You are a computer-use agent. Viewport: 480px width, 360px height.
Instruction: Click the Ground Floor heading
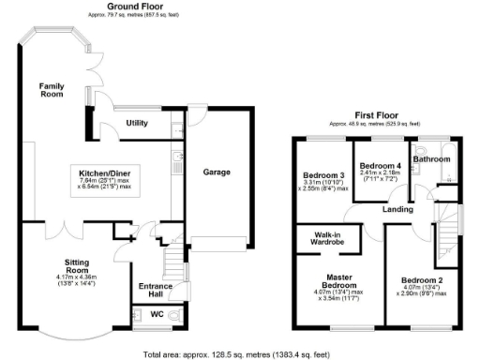pos(132,7)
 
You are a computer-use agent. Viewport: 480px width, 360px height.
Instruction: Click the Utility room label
pos(138,123)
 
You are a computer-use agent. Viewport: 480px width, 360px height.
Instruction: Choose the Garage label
pos(217,172)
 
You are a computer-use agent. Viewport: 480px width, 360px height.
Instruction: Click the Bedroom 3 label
pos(322,175)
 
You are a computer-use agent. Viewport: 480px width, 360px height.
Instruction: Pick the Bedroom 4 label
pos(379,164)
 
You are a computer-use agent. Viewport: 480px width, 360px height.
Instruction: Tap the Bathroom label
pos(433,159)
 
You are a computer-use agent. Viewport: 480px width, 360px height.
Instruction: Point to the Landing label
pos(398,209)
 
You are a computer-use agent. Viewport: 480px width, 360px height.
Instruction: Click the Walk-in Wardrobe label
pos(320,239)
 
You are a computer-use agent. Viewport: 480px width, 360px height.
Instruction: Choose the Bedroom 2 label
pos(421,279)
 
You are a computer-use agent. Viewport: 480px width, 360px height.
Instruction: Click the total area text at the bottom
pos(237,354)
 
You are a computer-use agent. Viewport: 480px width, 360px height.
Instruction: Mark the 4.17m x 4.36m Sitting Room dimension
pos(75,279)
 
